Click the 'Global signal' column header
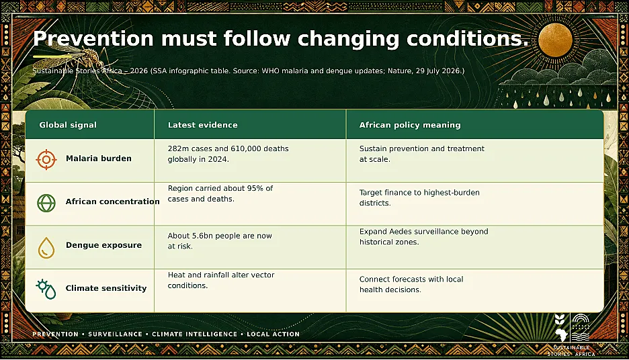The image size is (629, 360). (68, 125)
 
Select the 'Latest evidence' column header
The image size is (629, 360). (202, 125)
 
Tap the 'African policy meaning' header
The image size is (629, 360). (410, 125)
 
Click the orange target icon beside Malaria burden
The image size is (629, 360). (46, 160)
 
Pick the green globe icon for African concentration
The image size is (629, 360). (46, 203)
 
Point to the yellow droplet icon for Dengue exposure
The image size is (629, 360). (46, 247)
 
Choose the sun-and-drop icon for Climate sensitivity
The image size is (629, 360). (46, 289)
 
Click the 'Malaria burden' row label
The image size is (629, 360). (99, 159)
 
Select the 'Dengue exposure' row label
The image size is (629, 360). (104, 245)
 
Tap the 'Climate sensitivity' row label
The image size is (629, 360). (106, 288)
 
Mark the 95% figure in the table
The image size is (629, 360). (255, 189)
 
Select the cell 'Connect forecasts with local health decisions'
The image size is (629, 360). (411, 284)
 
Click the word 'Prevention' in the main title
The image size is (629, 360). (93, 38)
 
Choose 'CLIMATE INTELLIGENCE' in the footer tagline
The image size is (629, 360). (195, 334)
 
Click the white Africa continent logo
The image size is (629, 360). (561, 334)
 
